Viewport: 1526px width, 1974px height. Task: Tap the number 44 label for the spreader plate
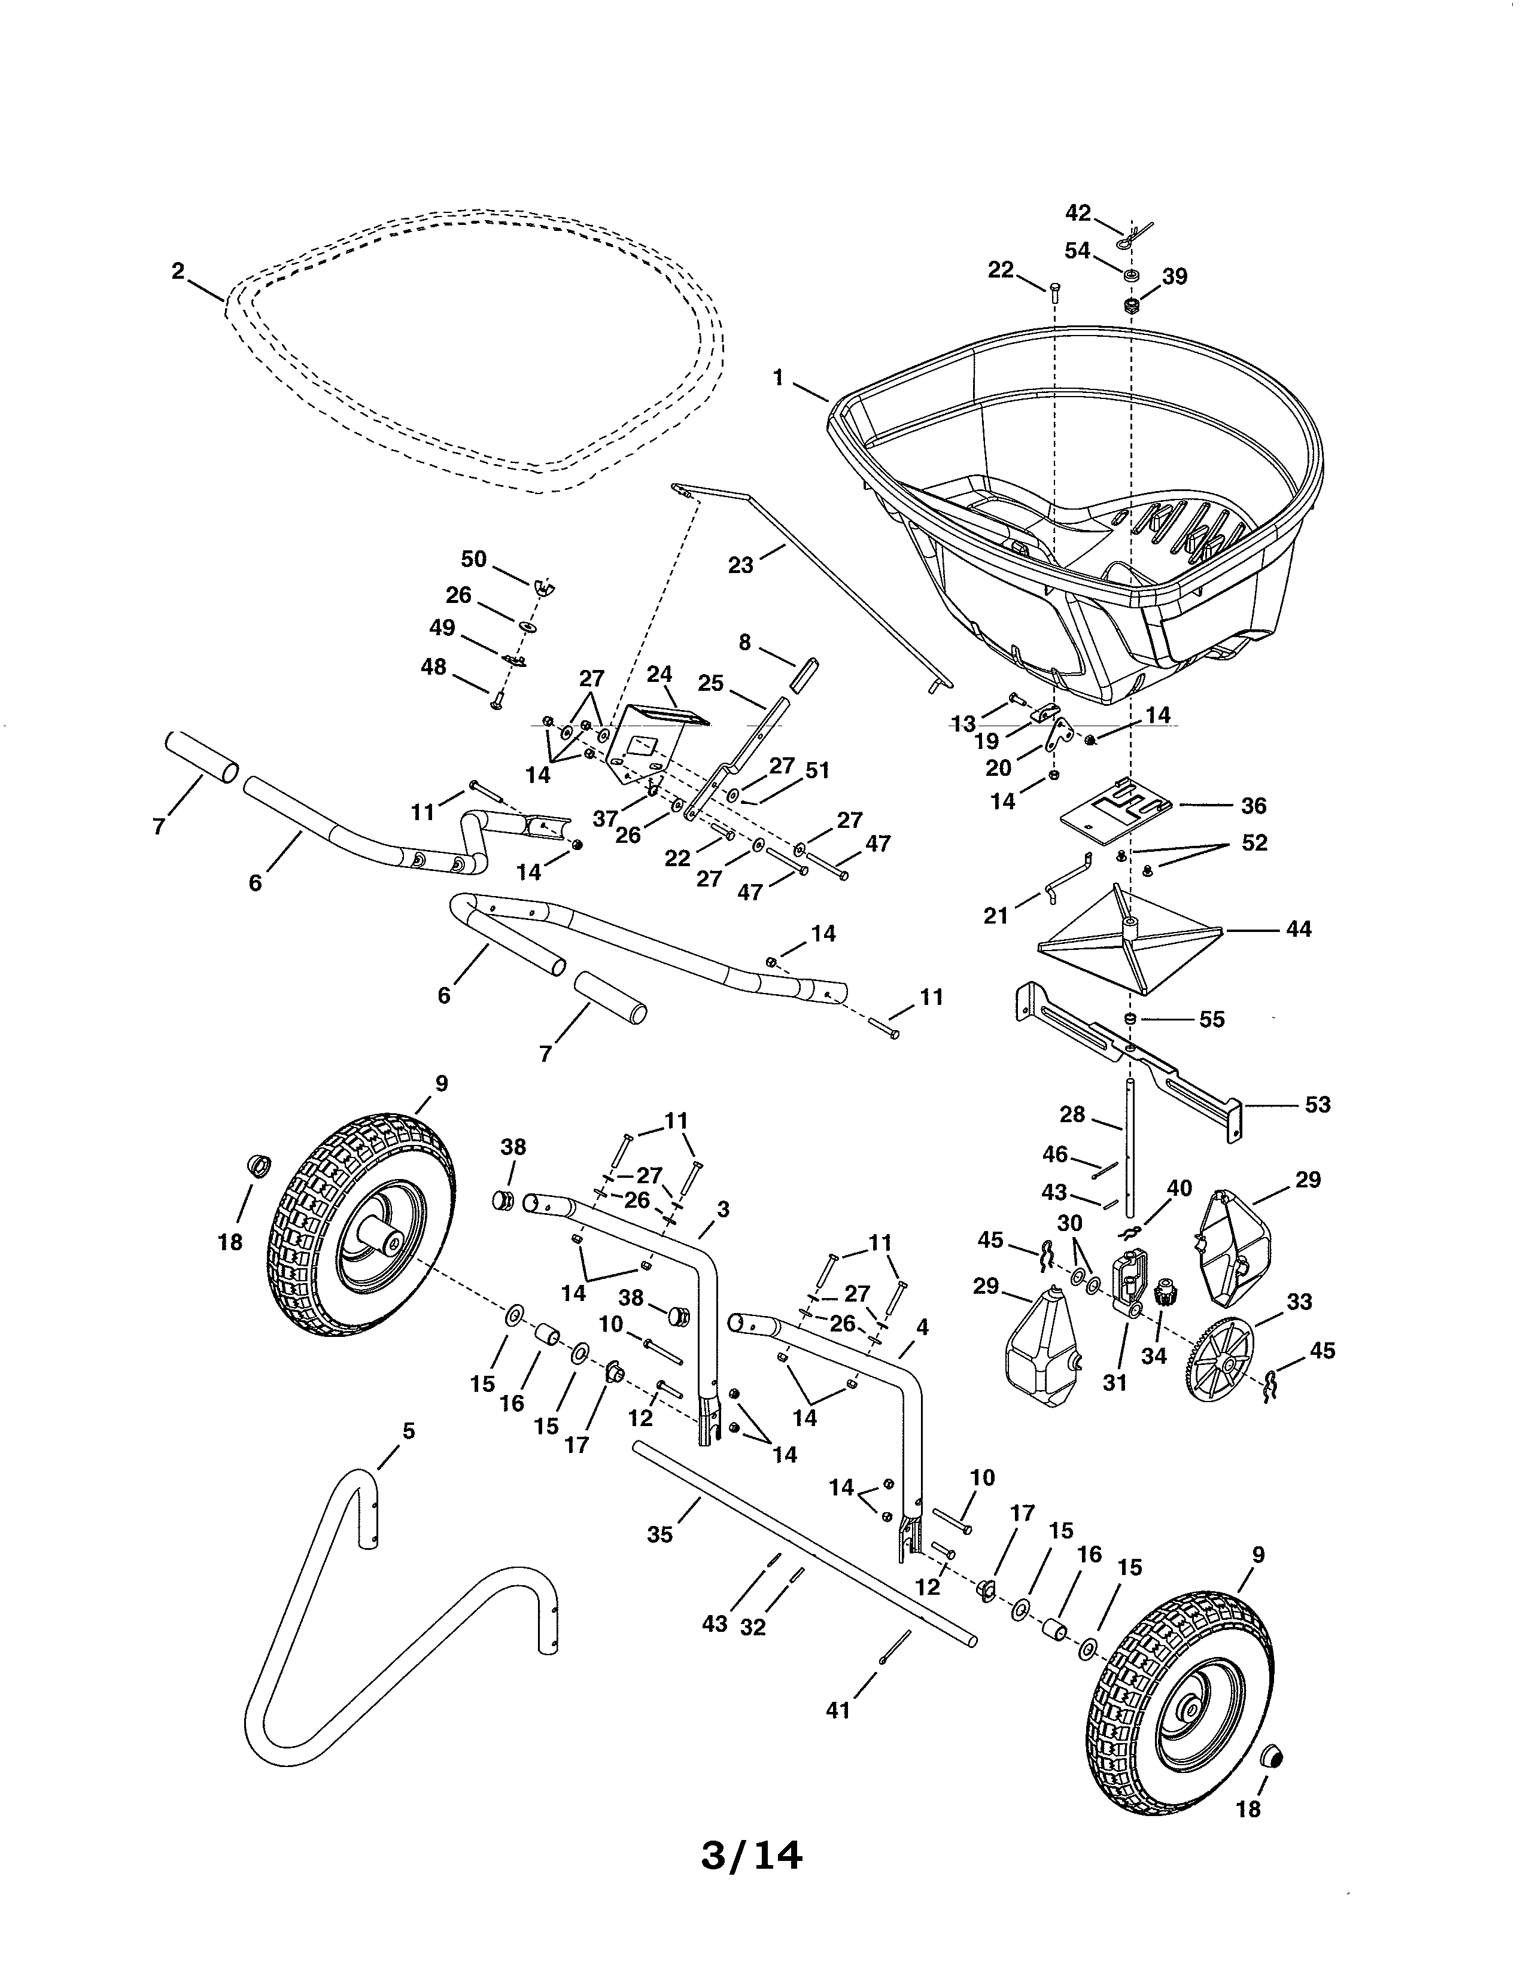pyautogui.click(x=1298, y=928)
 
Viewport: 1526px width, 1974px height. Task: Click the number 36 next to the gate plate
pyautogui.click(x=1253, y=805)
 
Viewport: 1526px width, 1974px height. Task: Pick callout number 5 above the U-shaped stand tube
pyautogui.click(x=409, y=1431)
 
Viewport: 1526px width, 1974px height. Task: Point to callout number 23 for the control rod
pyautogui.click(x=740, y=566)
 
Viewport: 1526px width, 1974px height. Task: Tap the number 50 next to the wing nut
pyautogui.click(x=474, y=559)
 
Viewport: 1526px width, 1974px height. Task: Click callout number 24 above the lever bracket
pyautogui.click(x=660, y=674)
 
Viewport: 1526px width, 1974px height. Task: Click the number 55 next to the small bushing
pyautogui.click(x=1211, y=1019)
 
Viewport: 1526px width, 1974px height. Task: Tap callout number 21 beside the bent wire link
pyautogui.click(x=995, y=916)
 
